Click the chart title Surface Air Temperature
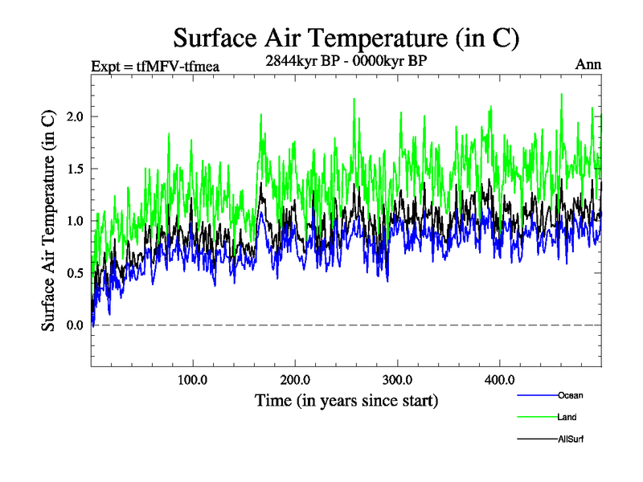346,38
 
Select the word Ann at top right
588,65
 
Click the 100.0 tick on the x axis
193,379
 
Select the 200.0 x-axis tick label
296,379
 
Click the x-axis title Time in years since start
346,400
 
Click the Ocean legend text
570,395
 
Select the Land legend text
567,417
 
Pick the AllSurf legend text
570,439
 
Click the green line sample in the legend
537,418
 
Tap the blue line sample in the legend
537,396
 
